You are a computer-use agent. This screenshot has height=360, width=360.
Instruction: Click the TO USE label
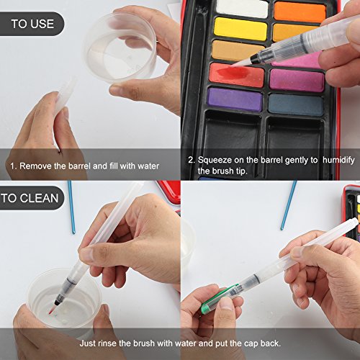(32, 24)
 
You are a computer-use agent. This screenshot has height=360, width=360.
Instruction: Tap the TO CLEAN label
(30, 198)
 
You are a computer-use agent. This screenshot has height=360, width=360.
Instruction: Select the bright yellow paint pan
(240, 29)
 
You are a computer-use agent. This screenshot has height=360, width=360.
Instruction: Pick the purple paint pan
(235, 99)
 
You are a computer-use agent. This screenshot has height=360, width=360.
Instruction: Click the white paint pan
(243, 9)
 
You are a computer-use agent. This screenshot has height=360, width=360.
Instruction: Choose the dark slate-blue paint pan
(296, 104)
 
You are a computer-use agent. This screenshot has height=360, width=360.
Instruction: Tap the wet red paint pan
(237, 74)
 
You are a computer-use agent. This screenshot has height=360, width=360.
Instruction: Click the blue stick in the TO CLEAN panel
(71, 207)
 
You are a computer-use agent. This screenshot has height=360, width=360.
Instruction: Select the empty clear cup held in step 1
(120, 47)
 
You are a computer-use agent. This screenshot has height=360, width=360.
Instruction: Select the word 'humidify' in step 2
(338, 160)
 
